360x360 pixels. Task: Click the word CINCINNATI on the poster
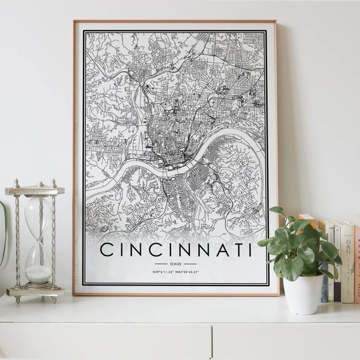point(175,250)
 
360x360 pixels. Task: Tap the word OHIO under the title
point(175,264)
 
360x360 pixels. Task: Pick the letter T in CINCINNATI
point(235,250)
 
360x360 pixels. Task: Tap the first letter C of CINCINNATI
point(106,250)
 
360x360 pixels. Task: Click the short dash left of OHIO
point(161,264)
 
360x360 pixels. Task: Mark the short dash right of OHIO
point(190,264)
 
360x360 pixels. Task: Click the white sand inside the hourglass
point(38,273)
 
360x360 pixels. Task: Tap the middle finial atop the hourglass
point(40,184)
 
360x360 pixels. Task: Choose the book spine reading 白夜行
point(347,261)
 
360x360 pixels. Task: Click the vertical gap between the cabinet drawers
point(211,342)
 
